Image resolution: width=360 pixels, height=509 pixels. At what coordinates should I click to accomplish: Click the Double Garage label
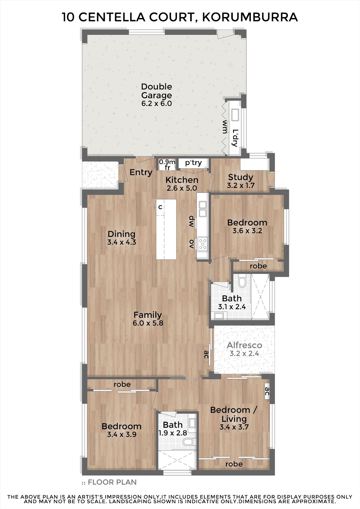(x=157, y=91)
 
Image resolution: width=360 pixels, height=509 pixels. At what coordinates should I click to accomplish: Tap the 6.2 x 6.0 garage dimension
(x=157, y=104)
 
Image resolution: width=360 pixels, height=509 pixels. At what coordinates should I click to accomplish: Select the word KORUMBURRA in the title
(x=250, y=17)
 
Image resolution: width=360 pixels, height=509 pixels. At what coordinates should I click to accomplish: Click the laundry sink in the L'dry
(x=235, y=115)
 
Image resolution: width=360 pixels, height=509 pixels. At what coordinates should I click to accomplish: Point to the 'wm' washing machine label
(x=225, y=127)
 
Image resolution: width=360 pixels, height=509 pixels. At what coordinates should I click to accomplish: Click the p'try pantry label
(x=193, y=163)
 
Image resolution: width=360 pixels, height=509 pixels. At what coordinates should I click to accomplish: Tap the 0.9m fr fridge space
(x=167, y=165)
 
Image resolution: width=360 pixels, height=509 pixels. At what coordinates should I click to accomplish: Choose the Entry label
(x=141, y=172)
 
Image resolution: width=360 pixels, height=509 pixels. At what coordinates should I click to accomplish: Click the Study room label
(x=241, y=177)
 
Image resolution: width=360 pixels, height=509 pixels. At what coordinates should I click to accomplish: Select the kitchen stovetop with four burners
(x=202, y=244)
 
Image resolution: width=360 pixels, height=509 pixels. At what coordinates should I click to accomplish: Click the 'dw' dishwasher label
(x=191, y=222)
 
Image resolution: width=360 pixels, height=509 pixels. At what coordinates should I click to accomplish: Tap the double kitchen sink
(x=202, y=209)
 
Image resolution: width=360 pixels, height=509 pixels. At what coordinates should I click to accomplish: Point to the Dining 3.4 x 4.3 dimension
(x=122, y=242)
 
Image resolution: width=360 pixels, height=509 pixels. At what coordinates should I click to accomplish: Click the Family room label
(x=148, y=315)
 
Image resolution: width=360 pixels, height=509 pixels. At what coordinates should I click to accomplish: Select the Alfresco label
(x=244, y=345)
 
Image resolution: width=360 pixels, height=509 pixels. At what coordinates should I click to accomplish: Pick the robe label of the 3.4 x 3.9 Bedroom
(x=122, y=384)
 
